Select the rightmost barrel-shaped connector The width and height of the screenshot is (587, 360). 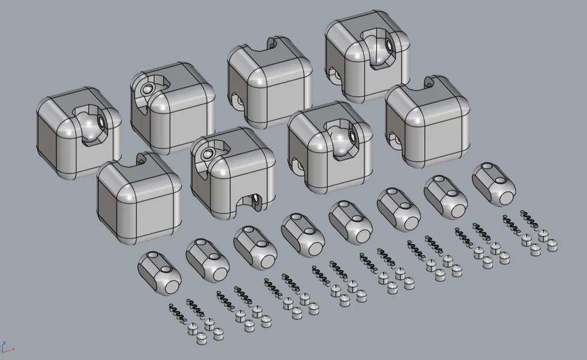click(x=494, y=184)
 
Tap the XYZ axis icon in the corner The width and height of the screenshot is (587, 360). click(x=6, y=347)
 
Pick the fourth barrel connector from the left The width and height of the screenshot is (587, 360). click(x=303, y=234)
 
